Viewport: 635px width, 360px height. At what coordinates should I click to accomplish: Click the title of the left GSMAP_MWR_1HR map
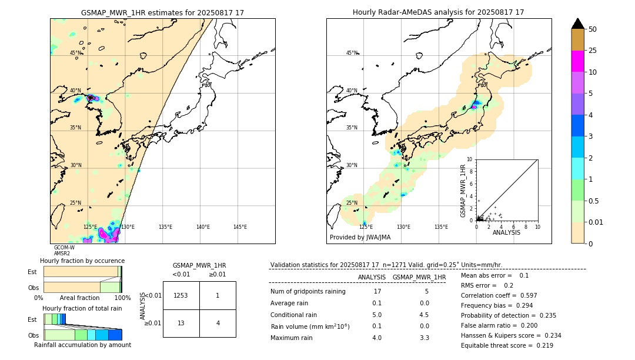tap(162, 12)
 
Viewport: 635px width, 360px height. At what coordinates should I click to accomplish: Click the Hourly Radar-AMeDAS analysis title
tap(438, 12)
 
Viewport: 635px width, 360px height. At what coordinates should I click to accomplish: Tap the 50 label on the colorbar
tap(593, 29)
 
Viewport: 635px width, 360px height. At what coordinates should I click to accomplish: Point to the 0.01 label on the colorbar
tap(596, 222)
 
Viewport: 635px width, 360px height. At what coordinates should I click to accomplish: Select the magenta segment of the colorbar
tap(577, 61)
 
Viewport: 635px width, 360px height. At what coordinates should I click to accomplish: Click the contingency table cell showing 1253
tap(181, 295)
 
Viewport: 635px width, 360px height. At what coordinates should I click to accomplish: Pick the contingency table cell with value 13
tap(181, 323)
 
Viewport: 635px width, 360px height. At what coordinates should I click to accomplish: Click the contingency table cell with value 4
tap(218, 323)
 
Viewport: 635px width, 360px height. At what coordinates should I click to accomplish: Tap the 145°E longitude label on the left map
tap(240, 227)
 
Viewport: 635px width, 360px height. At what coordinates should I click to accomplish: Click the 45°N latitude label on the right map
tap(352, 53)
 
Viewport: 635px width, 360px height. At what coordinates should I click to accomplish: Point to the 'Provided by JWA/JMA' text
tap(360, 238)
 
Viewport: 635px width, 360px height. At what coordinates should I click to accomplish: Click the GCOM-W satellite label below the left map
tap(64, 248)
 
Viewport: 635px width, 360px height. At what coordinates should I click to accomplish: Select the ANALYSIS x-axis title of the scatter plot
tap(506, 232)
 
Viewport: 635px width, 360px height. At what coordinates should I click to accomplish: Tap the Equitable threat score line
tap(507, 345)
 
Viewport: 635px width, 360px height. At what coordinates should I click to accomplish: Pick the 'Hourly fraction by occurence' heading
tap(82, 261)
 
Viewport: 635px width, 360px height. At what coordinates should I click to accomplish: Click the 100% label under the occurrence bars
tap(122, 298)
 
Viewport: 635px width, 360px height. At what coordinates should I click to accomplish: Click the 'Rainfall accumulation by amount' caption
tap(82, 345)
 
